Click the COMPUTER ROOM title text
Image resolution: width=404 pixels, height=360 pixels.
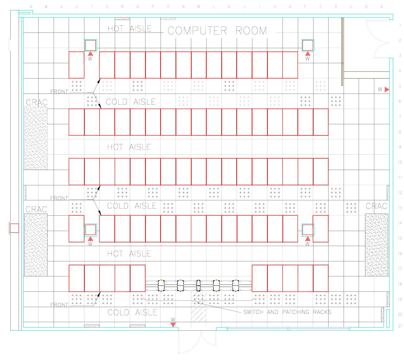click(217, 31)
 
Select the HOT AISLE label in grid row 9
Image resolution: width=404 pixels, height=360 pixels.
click(129, 147)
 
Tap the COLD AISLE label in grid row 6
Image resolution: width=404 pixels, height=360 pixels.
click(132, 102)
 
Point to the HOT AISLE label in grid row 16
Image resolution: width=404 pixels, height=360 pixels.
click(129, 254)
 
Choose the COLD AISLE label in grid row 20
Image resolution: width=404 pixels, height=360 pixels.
click(132, 312)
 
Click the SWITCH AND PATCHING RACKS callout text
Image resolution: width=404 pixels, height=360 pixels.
click(287, 312)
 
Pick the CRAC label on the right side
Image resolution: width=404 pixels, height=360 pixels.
click(376, 206)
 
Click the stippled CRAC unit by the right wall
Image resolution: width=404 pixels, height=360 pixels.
click(376, 245)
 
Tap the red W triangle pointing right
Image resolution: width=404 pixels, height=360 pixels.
click(387, 89)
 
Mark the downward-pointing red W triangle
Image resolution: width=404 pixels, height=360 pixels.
click(173, 324)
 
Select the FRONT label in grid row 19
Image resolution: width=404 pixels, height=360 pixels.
click(59, 305)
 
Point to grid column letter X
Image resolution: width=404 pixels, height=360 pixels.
click(31, 7)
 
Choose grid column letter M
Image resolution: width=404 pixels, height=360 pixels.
click(198, 7)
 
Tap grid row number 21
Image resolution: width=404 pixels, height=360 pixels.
click(399, 326)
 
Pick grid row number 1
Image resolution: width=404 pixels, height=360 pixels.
click(399, 25)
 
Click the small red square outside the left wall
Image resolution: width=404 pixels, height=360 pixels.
click(14, 228)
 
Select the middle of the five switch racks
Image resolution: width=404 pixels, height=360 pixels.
click(198, 285)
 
